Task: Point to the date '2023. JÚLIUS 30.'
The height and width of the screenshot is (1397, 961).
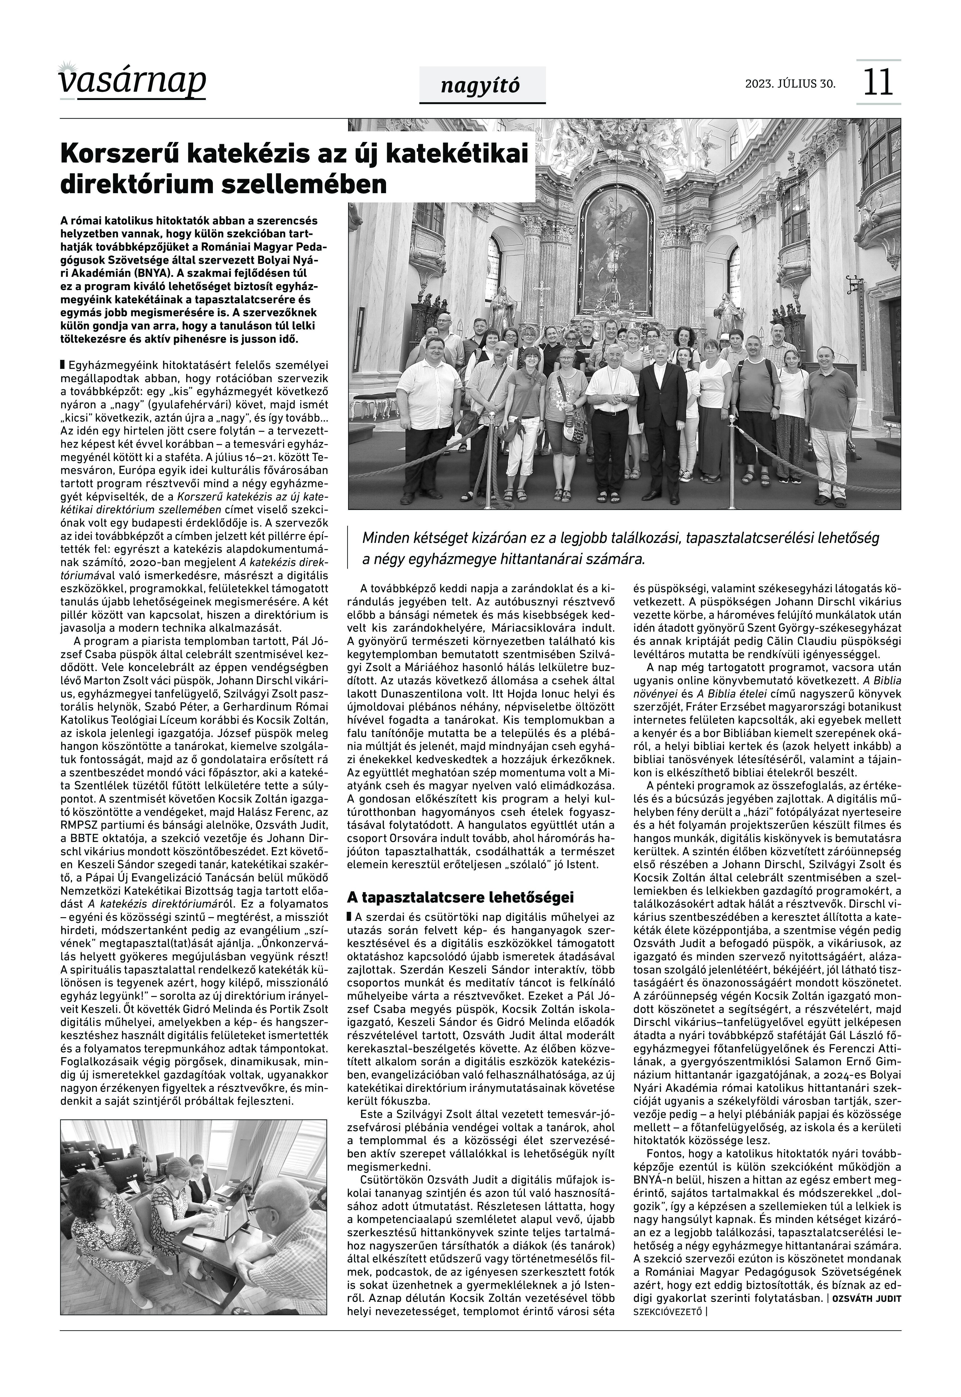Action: [790, 84]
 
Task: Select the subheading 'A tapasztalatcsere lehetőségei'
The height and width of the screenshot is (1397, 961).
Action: [460, 897]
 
